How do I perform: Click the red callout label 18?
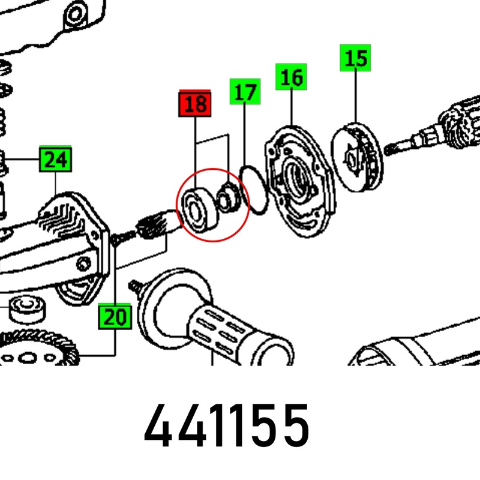pos(194,103)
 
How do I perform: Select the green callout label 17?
pos(245,92)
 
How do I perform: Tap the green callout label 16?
pos(291,77)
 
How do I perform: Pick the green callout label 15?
pos(355,58)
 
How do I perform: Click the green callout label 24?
pos(55,159)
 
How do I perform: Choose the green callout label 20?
pos(115,316)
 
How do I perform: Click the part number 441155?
pos(227,425)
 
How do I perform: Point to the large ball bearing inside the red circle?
pos(199,209)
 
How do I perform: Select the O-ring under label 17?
pos(254,190)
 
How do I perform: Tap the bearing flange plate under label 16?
pos(300,181)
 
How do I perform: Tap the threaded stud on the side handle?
pos(136,286)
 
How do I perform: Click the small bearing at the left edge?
pos(28,308)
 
